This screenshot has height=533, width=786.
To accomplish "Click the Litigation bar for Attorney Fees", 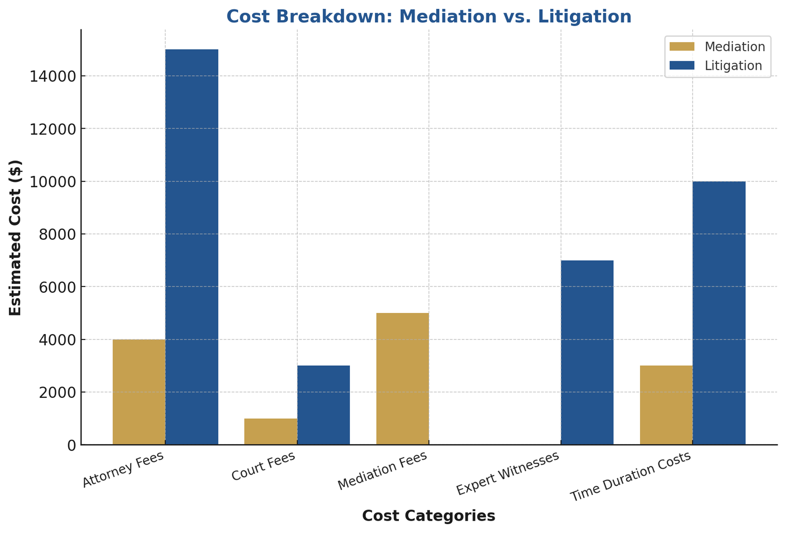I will point(192,246).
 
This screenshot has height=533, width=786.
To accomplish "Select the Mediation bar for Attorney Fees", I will point(139,392).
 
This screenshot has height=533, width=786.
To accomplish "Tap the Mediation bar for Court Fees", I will point(271,431).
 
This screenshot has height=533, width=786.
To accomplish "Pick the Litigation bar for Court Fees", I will point(323,405).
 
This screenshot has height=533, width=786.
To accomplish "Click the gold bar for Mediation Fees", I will point(402,379).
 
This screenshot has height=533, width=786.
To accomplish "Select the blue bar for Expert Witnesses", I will point(587,352).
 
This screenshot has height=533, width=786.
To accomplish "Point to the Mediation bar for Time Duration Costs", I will point(666,405).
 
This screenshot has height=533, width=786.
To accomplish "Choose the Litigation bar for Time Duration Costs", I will point(719,313).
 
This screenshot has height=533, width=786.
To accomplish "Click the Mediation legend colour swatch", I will point(682,47).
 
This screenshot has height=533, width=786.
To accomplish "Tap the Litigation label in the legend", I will point(733,66).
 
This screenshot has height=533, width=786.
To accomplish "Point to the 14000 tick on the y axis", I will point(52,76).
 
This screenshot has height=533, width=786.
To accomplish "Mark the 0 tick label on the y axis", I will point(72,445).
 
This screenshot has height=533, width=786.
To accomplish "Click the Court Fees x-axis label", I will point(263,466).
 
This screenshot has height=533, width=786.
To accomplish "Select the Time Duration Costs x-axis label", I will point(631,477).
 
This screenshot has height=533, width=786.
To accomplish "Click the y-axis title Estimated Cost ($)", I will point(16,238).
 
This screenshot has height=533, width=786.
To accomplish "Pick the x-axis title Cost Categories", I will point(428,516).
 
